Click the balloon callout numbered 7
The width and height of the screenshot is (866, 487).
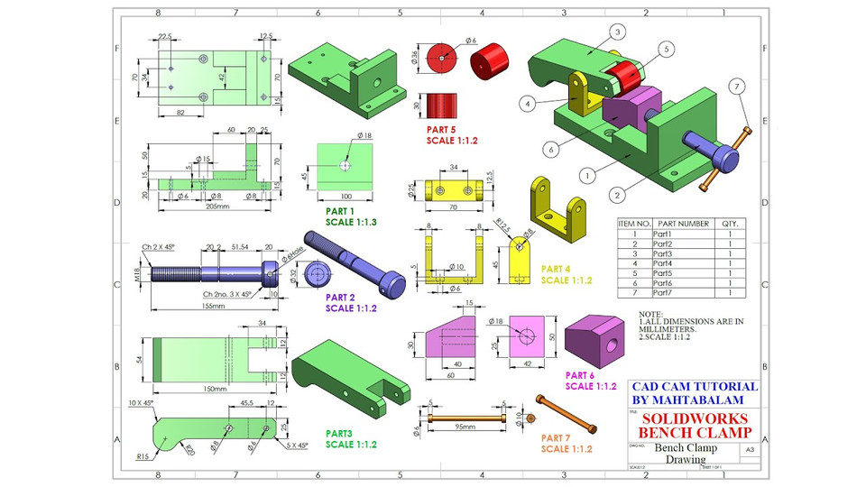[x=737, y=87]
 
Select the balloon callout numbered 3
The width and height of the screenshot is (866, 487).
[x=618, y=32]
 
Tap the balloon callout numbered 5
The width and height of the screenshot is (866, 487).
[x=666, y=49]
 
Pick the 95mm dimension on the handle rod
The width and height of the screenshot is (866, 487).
[x=465, y=427]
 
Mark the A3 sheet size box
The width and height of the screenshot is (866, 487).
[x=748, y=448]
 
